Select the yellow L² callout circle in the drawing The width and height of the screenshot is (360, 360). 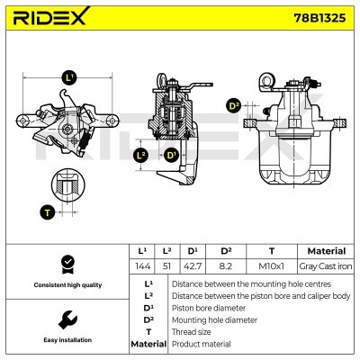(139, 155)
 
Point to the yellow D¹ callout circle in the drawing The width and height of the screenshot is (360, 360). (170, 155)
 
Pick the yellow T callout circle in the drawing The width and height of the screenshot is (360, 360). (47, 213)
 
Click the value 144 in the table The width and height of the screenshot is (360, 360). (140, 266)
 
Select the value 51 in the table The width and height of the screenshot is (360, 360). (166, 266)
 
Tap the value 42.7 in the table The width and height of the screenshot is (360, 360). (193, 266)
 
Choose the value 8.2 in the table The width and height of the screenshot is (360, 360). (227, 266)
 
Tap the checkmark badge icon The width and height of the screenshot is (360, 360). (65, 264)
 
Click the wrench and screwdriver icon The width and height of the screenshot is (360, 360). (65, 319)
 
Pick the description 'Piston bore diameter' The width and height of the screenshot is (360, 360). (210, 307)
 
